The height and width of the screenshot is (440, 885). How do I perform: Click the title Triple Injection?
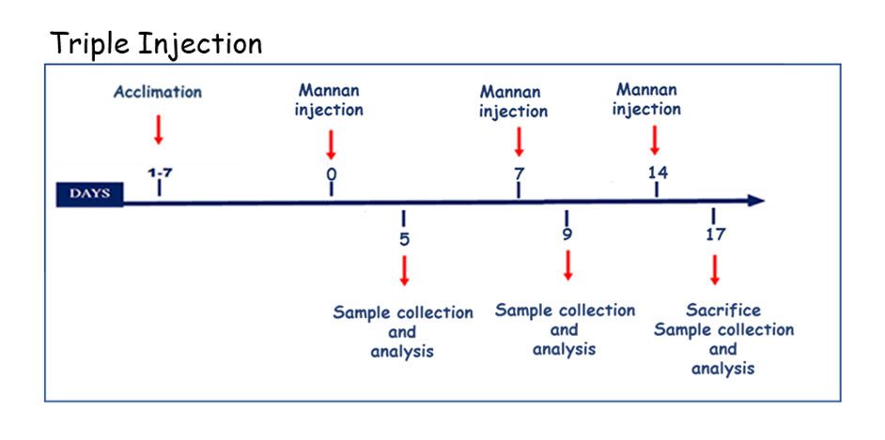pyautogui.click(x=156, y=44)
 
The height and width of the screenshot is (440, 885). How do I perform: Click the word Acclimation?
pyautogui.click(x=158, y=92)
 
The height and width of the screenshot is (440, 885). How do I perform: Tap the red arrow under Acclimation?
pyautogui.click(x=159, y=129)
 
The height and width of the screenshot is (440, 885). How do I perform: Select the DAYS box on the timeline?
pyautogui.click(x=89, y=194)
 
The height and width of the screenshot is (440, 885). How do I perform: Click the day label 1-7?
pyautogui.click(x=160, y=173)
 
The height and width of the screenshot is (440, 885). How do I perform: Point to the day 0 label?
pyautogui.click(x=332, y=174)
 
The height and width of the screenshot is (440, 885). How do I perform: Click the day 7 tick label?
pyautogui.click(x=519, y=174)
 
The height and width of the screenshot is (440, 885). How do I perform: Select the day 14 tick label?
pyautogui.click(x=658, y=173)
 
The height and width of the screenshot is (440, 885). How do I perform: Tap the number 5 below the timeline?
pyautogui.click(x=404, y=239)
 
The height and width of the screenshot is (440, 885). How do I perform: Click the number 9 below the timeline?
pyautogui.click(x=567, y=234)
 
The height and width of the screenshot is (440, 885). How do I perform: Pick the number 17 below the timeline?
pyautogui.click(x=715, y=234)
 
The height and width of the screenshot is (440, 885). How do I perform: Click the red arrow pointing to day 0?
pyautogui.click(x=331, y=144)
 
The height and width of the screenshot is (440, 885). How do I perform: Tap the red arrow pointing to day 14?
pyautogui.click(x=654, y=140)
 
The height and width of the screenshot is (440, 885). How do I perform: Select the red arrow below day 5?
pyautogui.click(x=404, y=270)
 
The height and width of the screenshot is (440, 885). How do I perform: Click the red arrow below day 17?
pyautogui.click(x=715, y=269)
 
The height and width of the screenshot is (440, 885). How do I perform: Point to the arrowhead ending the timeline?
pyautogui.click(x=756, y=201)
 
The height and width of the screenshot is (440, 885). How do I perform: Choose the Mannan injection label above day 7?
pyautogui.click(x=513, y=101)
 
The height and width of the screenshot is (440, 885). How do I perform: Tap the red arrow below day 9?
pyautogui.click(x=567, y=265)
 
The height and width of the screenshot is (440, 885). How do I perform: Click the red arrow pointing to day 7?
pyautogui.click(x=520, y=142)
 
